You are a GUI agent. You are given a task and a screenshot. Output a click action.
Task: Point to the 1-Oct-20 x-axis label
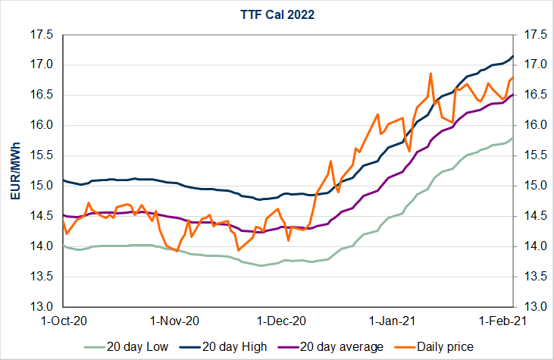(x=63, y=321)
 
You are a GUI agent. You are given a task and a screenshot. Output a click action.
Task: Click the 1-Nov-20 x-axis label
(x=176, y=321)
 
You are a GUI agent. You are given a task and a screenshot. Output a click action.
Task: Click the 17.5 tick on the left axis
(x=42, y=34)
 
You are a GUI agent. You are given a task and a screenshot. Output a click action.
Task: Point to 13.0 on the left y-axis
(x=42, y=307)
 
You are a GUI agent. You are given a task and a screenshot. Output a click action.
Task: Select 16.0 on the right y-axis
(x=529, y=125)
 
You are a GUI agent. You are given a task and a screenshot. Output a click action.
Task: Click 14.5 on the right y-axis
(x=529, y=216)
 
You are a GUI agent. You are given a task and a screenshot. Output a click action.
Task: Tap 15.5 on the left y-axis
(x=42, y=155)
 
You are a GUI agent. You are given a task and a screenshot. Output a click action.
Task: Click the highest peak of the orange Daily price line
(x=430, y=74)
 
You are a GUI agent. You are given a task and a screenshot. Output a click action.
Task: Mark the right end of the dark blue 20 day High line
(x=513, y=56)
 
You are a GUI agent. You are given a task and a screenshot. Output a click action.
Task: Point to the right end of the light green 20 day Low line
(x=513, y=138)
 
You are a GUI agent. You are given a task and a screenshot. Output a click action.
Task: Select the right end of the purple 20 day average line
(x=513, y=95)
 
